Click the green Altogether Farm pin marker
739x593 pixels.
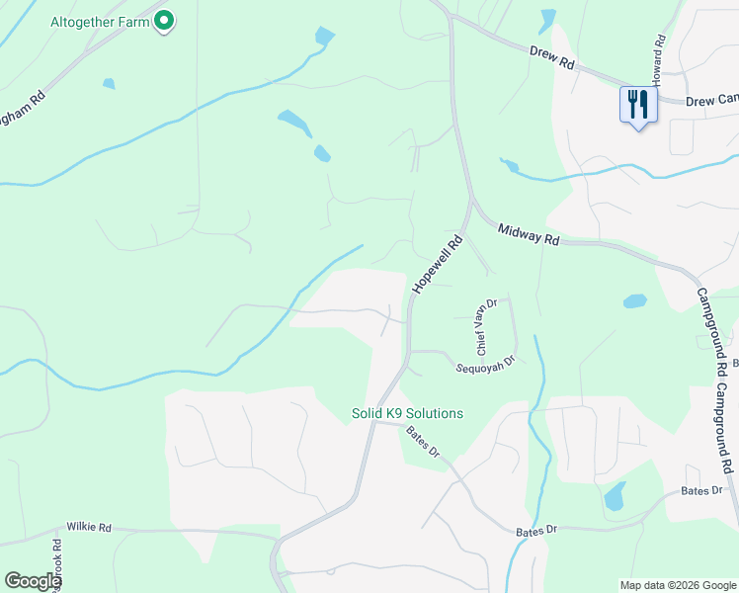[x=165, y=21]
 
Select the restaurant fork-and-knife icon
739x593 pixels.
[x=637, y=104]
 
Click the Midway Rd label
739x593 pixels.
[x=529, y=235]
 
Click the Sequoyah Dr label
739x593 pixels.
[x=486, y=365]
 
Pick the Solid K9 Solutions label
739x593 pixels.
[x=407, y=413]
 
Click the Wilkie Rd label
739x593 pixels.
[x=89, y=528]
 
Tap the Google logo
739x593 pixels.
[x=33, y=580]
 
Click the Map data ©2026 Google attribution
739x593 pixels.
[x=677, y=585]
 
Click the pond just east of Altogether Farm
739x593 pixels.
[x=324, y=37]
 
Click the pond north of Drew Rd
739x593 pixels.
[x=548, y=19]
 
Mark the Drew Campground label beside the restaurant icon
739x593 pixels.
[x=711, y=101]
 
